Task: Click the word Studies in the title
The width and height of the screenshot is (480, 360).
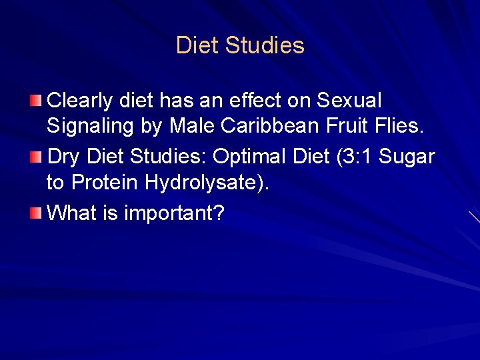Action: pos(265,45)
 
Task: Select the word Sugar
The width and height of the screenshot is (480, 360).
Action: pos(411,158)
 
